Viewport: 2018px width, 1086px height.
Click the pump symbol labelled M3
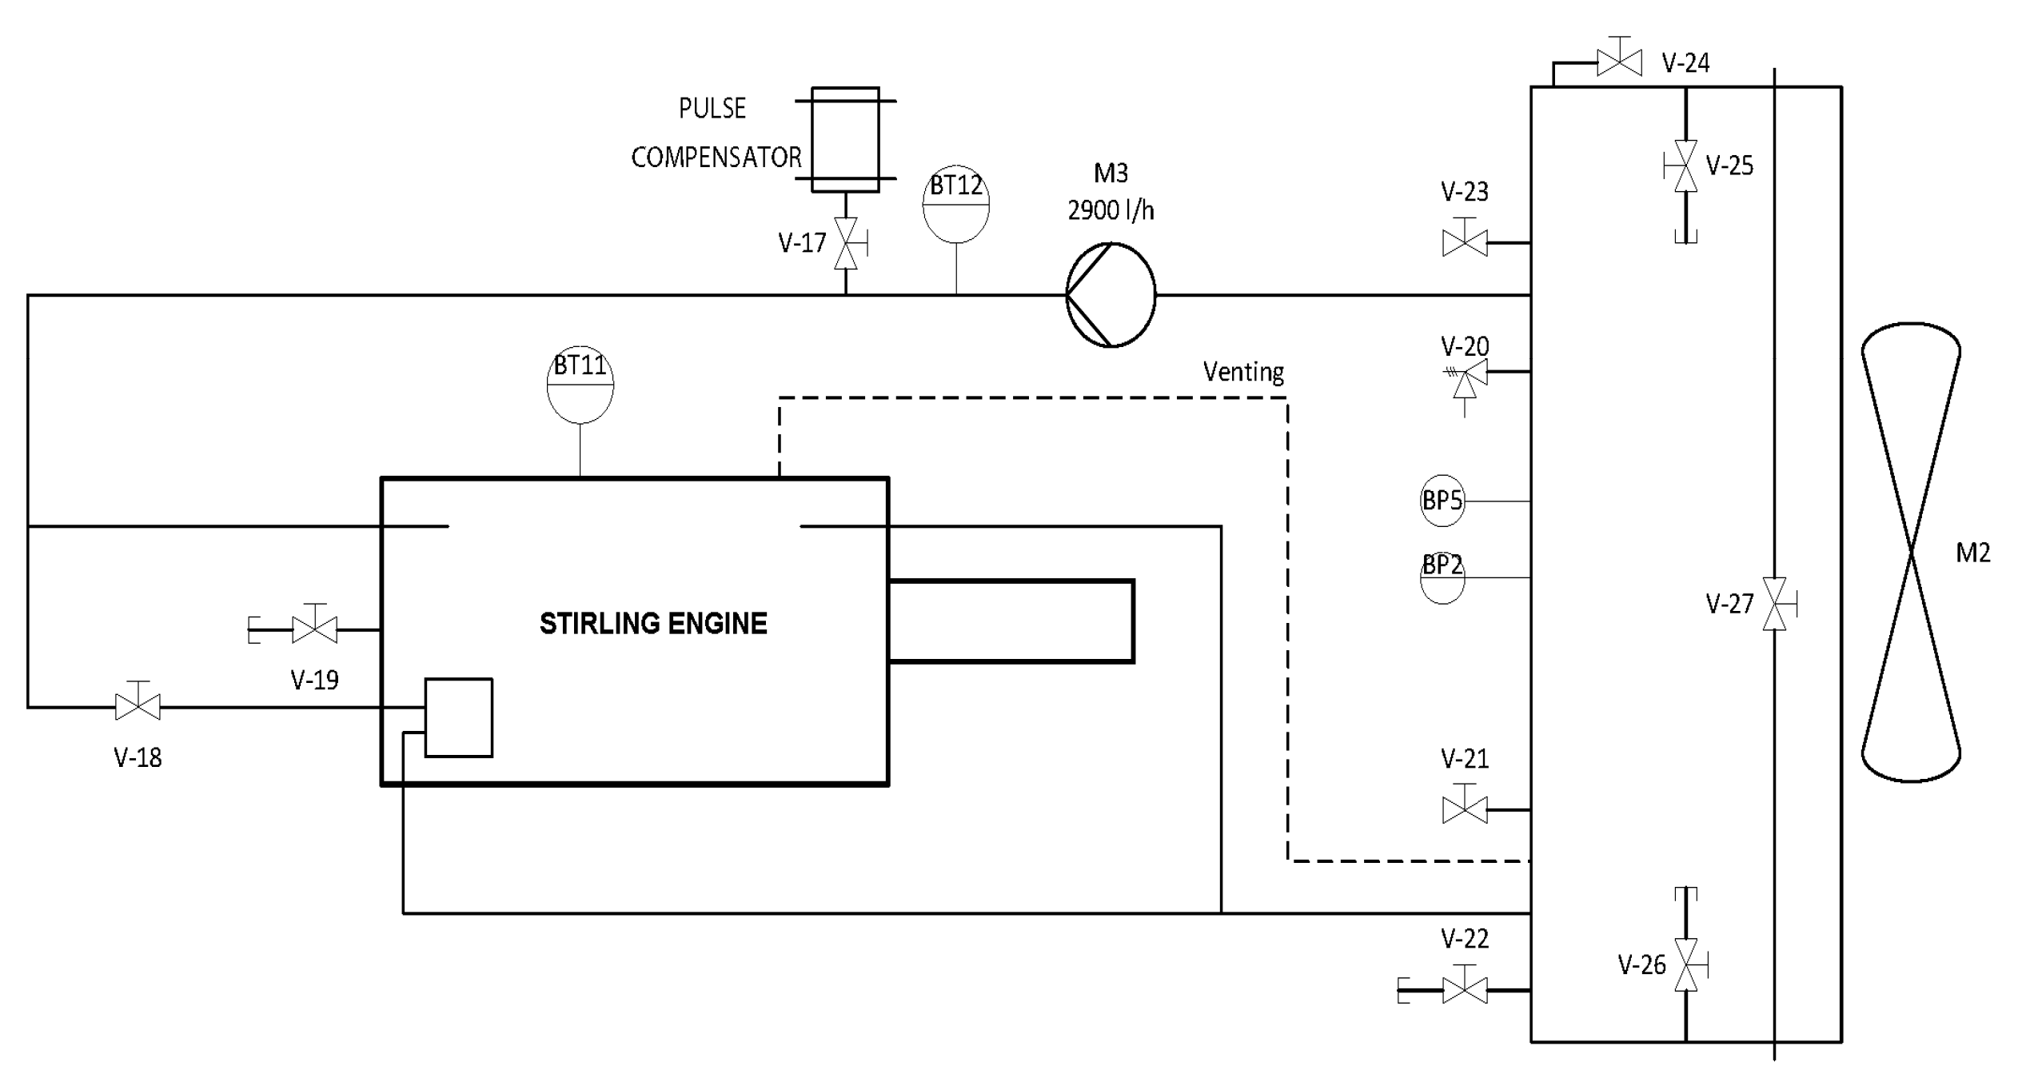1111,295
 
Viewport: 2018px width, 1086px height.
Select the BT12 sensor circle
956,206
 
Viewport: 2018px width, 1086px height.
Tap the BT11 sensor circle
580,385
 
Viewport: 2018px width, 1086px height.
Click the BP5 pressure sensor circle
1442,501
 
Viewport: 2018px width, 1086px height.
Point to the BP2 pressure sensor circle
1442,578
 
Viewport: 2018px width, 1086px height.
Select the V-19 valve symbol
314,629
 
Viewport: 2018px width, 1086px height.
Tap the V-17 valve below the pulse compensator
846,243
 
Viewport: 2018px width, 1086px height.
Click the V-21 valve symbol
1465,810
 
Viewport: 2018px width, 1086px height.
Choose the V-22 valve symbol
1465,990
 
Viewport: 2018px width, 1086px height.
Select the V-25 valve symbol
1685,166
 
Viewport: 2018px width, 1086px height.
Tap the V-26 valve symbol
1685,964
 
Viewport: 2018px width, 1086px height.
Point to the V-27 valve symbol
1774,604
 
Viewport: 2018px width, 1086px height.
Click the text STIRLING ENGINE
653,624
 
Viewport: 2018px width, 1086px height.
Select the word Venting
1243,372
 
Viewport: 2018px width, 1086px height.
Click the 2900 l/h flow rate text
1111,210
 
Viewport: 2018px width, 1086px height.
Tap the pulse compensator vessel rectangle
845,140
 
